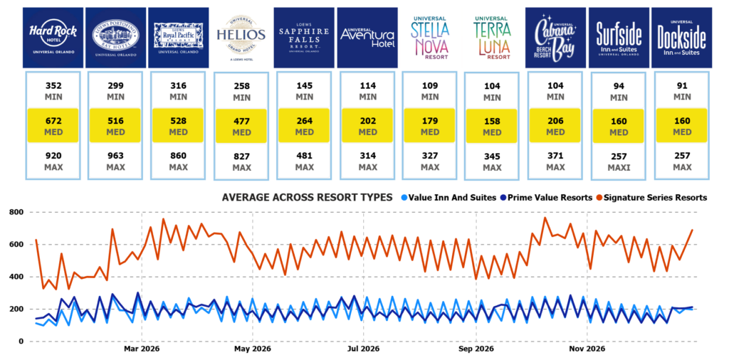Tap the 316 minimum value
point(179,90)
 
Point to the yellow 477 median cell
point(241,125)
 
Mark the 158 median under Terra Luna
point(493,125)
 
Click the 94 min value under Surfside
point(618,90)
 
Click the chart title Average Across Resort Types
point(308,197)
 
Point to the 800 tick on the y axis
point(14,212)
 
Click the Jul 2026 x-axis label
point(362,349)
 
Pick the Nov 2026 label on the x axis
point(586,349)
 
